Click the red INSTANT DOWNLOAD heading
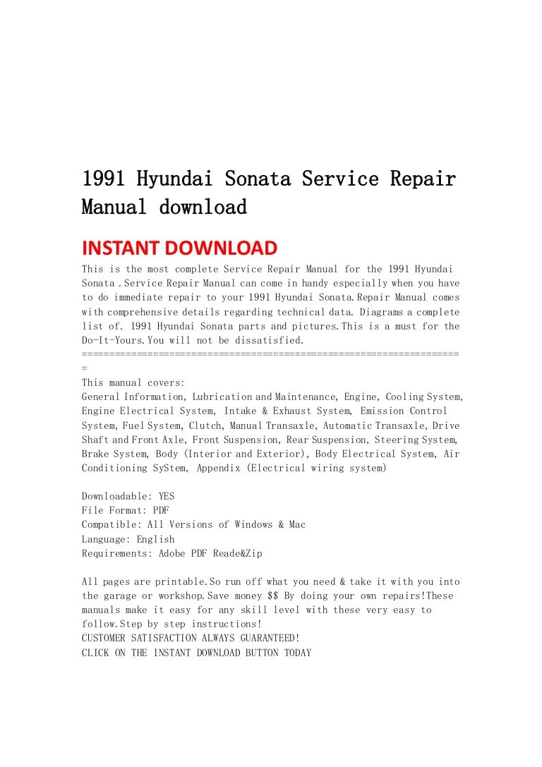(x=179, y=248)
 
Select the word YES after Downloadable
(x=167, y=496)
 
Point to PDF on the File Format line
(x=161, y=510)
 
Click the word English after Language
(x=155, y=539)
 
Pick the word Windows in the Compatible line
(x=253, y=525)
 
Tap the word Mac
(x=297, y=525)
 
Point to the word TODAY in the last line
(x=297, y=653)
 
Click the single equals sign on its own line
(x=85, y=368)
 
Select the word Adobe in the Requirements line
(x=171, y=553)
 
